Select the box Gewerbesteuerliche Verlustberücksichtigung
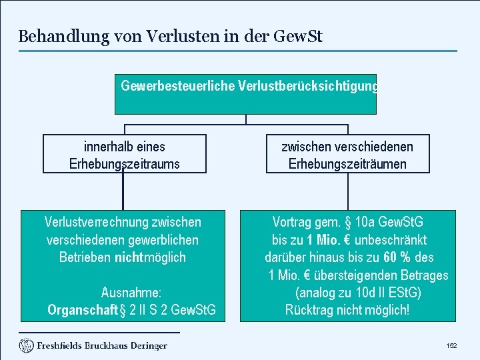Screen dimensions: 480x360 point(245,93)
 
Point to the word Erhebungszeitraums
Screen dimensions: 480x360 point(125,164)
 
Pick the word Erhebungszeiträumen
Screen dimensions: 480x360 point(347,164)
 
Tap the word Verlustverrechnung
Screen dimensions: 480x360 point(96,222)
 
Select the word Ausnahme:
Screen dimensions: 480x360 point(131,293)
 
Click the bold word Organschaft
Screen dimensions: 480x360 point(82,311)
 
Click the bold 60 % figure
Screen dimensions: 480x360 point(398,257)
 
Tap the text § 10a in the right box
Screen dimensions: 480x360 point(363,222)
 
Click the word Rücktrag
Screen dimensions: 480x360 point(309,311)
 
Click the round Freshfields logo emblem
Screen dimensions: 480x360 point(26,345)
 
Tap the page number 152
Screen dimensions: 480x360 point(451,346)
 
